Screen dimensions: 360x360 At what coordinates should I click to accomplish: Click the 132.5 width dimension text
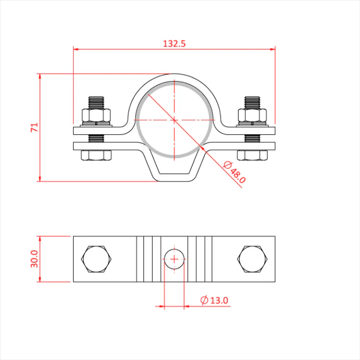pos(174,44)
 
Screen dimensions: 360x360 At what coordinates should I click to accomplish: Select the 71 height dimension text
pos(34,128)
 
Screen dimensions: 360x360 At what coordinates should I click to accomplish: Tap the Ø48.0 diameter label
pos(235,172)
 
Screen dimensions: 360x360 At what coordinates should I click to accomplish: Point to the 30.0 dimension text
pos(34,259)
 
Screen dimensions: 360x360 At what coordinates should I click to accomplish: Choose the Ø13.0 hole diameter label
pos(214,300)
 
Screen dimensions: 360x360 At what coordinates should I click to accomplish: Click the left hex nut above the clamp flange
pos(96,115)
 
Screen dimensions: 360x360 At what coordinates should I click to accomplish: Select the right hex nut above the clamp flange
pos(253,115)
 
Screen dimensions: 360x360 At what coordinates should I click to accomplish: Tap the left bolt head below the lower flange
pos(96,155)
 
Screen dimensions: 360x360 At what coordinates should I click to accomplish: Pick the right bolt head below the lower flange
pos(253,155)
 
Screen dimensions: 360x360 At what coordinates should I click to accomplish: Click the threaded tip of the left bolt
pos(96,102)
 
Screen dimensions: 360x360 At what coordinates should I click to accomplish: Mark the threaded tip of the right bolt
pos(253,102)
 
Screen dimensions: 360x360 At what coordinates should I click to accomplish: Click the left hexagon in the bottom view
pos(96,259)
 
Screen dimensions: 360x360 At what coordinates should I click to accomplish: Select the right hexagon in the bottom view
pos(253,259)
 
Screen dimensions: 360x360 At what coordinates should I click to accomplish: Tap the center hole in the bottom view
pos(174,259)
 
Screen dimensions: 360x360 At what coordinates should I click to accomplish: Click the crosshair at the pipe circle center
pos(174,120)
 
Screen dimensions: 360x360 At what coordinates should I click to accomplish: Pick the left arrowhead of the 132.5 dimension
pos(76,49)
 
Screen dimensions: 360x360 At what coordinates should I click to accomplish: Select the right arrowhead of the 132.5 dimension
pos(273,49)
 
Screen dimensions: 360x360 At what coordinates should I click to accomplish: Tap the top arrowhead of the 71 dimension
pos(40,77)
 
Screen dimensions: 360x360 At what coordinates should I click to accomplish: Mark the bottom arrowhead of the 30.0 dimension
pos(40,279)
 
